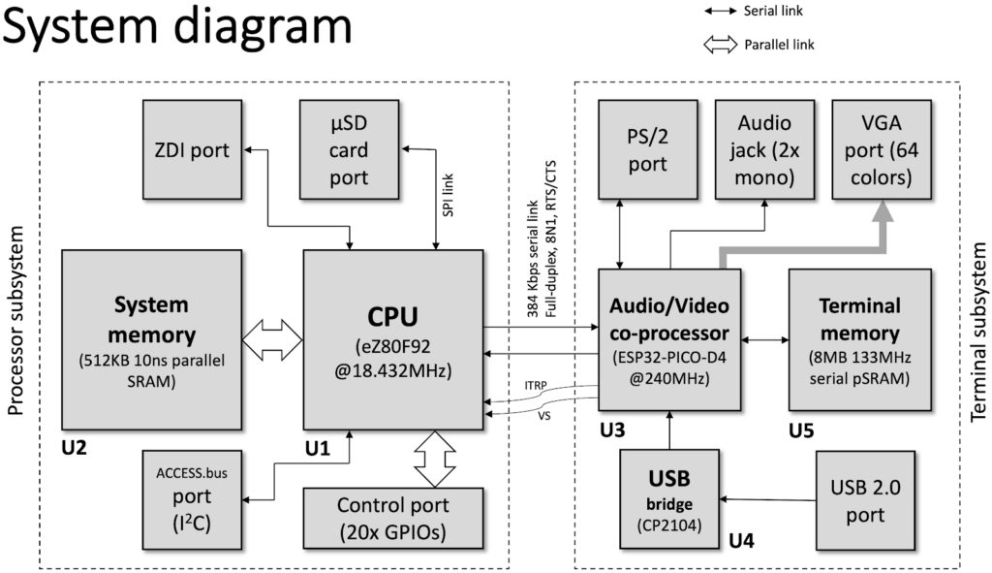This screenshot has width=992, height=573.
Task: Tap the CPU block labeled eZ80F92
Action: (393, 339)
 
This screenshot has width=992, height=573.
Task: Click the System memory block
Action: (150, 334)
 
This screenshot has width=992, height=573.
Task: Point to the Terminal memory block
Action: (859, 339)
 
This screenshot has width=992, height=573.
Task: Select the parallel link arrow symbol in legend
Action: (719, 45)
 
